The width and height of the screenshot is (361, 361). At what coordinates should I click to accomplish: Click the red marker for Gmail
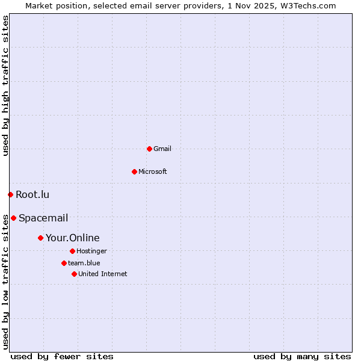pos(149,149)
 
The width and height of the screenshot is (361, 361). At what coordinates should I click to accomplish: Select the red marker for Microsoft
pos(134,171)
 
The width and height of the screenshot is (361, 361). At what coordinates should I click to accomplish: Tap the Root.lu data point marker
pos(10,194)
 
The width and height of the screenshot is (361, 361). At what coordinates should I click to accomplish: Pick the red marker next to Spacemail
pos(13,218)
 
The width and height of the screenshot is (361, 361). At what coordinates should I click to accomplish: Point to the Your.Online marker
pos(40,238)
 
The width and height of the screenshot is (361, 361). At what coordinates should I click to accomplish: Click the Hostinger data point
pos(72,251)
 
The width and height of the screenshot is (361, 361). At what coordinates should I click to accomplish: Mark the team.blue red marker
pos(64,263)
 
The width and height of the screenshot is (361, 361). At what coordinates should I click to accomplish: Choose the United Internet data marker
pos(74,274)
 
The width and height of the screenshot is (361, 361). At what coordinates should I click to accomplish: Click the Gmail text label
pos(162,149)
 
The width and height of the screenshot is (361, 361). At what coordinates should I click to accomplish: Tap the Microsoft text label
pos(153,171)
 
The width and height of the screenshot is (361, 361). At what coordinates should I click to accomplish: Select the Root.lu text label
pos(32,194)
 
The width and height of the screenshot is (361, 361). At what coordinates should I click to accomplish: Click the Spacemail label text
pos(43,218)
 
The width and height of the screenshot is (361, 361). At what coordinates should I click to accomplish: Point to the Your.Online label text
pos(73,238)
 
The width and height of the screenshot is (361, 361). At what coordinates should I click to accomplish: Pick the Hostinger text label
pos(91,251)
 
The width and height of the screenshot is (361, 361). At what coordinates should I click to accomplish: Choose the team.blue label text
pos(84,263)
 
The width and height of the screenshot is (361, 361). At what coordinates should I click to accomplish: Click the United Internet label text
pos(103,274)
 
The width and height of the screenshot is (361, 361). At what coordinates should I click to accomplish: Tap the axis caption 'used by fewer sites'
pos(62,356)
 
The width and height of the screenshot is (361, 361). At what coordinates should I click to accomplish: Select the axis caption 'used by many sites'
pos(302,356)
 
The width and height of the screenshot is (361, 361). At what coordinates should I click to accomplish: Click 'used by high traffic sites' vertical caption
pos(5,86)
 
